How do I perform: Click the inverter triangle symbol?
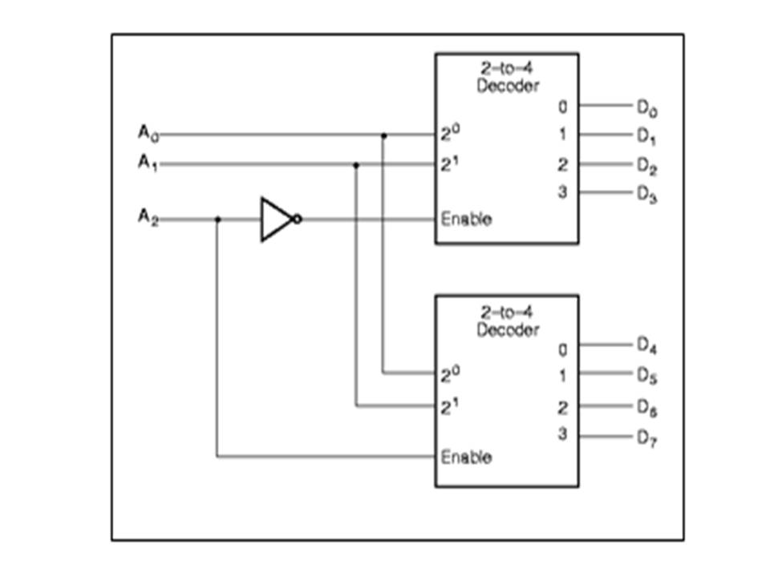click(x=276, y=219)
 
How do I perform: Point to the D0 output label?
click(x=647, y=106)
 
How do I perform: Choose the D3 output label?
click(x=647, y=195)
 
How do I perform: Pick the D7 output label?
click(x=647, y=438)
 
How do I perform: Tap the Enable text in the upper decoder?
click(x=466, y=219)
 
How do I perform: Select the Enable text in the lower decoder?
click(x=466, y=457)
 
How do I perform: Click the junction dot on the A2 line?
click(x=217, y=219)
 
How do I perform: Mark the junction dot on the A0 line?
click(x=383, y=135)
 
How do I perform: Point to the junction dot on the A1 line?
click(x=356, y=165)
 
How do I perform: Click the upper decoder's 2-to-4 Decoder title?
click(x=508, y=78)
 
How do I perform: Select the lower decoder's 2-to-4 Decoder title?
click(x=508, y=321)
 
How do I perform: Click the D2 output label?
click(x=647, y=166)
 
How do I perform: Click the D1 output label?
click(x=647, y=136)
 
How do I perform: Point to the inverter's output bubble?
click(x=298, y=219)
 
